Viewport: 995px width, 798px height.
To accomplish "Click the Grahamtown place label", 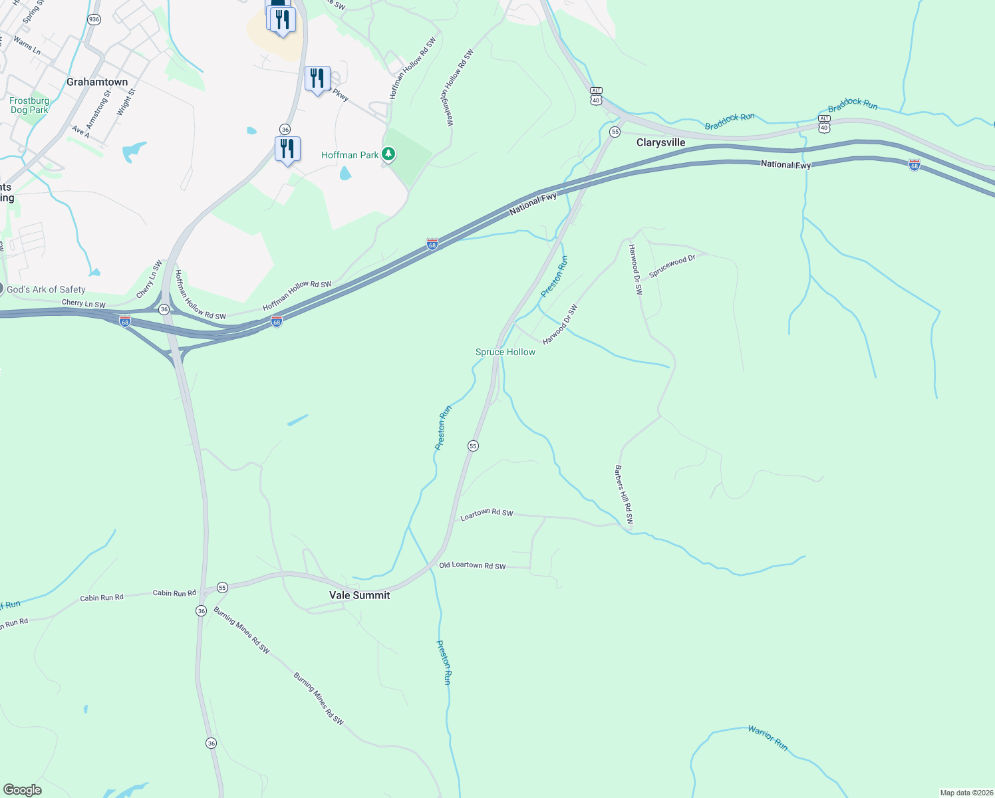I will coord(97,82).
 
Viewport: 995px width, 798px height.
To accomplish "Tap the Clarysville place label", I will coord(660,142).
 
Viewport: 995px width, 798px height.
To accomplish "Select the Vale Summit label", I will coord(360,595).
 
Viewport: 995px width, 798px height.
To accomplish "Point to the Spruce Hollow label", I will coord(505,352).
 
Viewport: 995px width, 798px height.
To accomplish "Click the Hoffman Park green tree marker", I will coord(388,154).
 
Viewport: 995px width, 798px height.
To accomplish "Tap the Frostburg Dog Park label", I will coord(29,105).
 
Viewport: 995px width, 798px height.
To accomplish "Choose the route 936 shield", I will coord(94,19).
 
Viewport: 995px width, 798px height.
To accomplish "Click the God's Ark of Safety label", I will coord(46,289).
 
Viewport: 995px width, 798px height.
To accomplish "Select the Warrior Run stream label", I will coord(768,738).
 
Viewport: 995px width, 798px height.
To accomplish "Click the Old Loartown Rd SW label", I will coord(472,566).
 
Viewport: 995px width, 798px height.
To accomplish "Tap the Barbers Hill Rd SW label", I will coord(624,495).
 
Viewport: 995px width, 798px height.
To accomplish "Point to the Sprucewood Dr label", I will coord(672,266).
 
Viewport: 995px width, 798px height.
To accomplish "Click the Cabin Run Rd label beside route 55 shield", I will coord(174,593).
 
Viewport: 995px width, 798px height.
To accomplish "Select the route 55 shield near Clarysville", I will coord(615,132).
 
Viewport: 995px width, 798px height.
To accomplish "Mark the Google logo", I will coord(23,790).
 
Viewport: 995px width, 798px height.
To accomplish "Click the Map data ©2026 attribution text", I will coord(965,793).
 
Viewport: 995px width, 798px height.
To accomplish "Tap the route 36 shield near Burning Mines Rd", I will coord(201,610).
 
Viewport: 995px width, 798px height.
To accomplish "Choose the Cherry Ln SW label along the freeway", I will coord(83,304).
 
